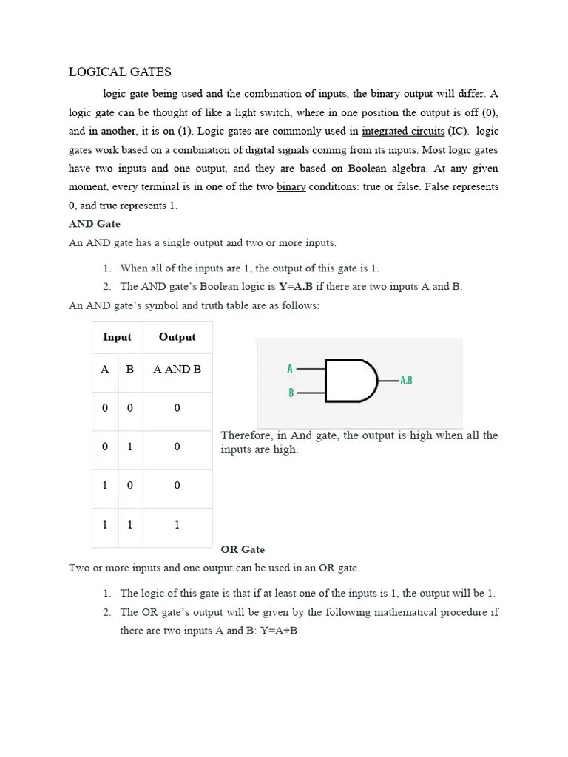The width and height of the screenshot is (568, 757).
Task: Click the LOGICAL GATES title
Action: click(x=120, y=72)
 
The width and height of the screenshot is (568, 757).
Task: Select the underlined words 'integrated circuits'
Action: click(x=403, y=131)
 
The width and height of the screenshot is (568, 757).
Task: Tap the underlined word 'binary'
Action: click(x=291, y=186)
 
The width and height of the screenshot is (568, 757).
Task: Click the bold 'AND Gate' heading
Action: click(x=94, y=223)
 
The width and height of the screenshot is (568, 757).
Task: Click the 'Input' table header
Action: click(x=117, y=337)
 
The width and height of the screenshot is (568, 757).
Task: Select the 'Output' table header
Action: click(x=177, y=337)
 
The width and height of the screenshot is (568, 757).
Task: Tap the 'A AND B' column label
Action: click(x=177, y=369)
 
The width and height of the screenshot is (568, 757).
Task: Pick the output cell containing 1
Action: click(x=177, y=525)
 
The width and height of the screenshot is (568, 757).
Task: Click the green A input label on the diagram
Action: click(x=290, y=368)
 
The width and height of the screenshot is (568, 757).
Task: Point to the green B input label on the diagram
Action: click(x=291, y=393)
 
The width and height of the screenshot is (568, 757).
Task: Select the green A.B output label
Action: click(x=405, y=381)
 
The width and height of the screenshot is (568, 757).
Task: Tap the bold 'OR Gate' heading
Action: click(x=243, y=549)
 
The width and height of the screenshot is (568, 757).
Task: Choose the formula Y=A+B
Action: click(x=279, y=631)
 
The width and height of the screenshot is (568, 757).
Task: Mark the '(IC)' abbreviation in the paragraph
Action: click(x=458, y=131)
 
